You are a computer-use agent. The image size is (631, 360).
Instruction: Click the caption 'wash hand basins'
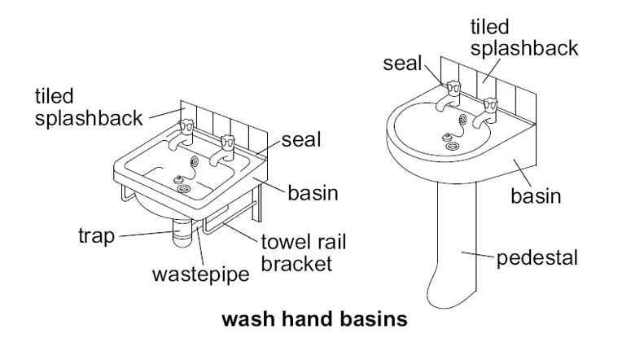(x=314, y=319)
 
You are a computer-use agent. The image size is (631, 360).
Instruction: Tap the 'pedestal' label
(x=537, y=259)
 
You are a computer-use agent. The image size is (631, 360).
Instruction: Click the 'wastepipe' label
(x=200, y=273)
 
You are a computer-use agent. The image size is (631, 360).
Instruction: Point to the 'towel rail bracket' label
(x=298, y=252)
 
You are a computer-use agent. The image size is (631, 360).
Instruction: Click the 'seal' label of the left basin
(x=300, y=140)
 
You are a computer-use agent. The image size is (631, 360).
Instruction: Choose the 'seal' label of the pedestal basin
(x=404, y=63)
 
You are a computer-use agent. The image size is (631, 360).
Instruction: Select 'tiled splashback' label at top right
(x=524, y=38)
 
